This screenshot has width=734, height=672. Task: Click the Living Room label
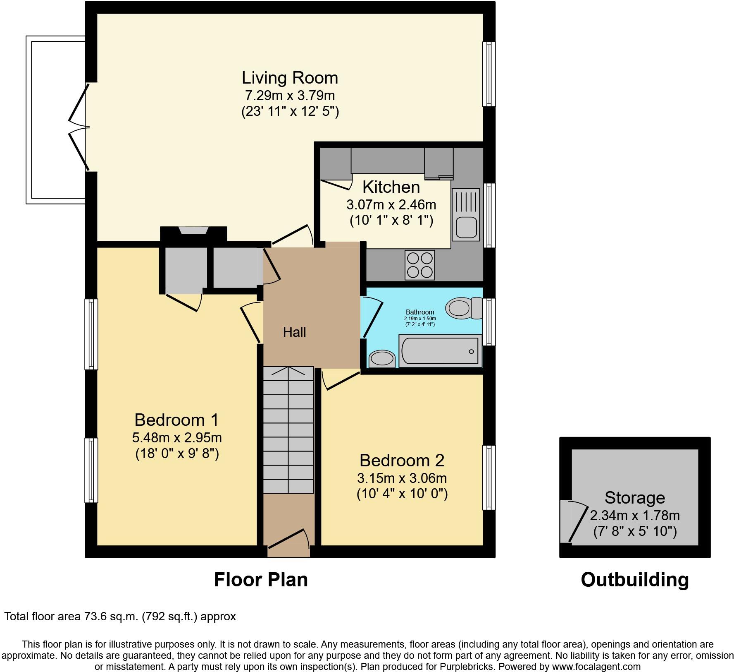click(290, 78)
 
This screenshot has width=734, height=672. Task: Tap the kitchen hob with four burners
click(420, 265)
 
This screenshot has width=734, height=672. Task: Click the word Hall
click(294, 332)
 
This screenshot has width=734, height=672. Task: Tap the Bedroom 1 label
click(176, 420)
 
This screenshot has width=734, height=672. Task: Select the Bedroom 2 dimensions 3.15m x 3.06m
click(402, 478)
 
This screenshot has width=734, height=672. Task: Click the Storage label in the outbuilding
click(634, 497)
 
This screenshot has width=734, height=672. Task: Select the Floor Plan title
click(261, 580)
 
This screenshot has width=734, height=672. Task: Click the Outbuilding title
click(634, 580)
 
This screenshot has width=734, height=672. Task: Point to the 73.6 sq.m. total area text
click(112, 617)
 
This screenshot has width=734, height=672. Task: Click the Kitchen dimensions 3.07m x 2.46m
click(391, 205)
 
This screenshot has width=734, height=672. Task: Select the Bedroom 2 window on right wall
click(489, 477)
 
